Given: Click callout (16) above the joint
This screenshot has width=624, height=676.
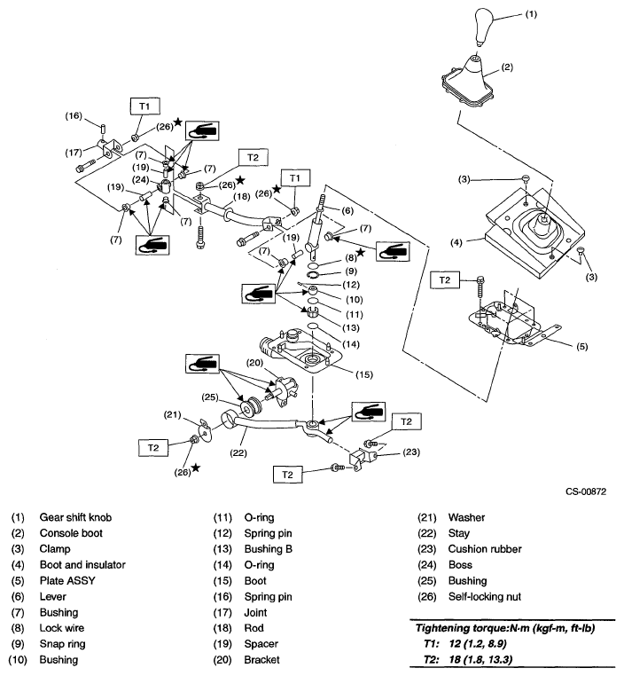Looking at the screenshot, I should [x=74, y=115].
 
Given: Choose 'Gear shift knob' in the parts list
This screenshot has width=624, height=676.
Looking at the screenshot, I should [x=75, y=517].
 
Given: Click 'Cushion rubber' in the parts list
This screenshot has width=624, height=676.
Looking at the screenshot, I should [x=475, y=549].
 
